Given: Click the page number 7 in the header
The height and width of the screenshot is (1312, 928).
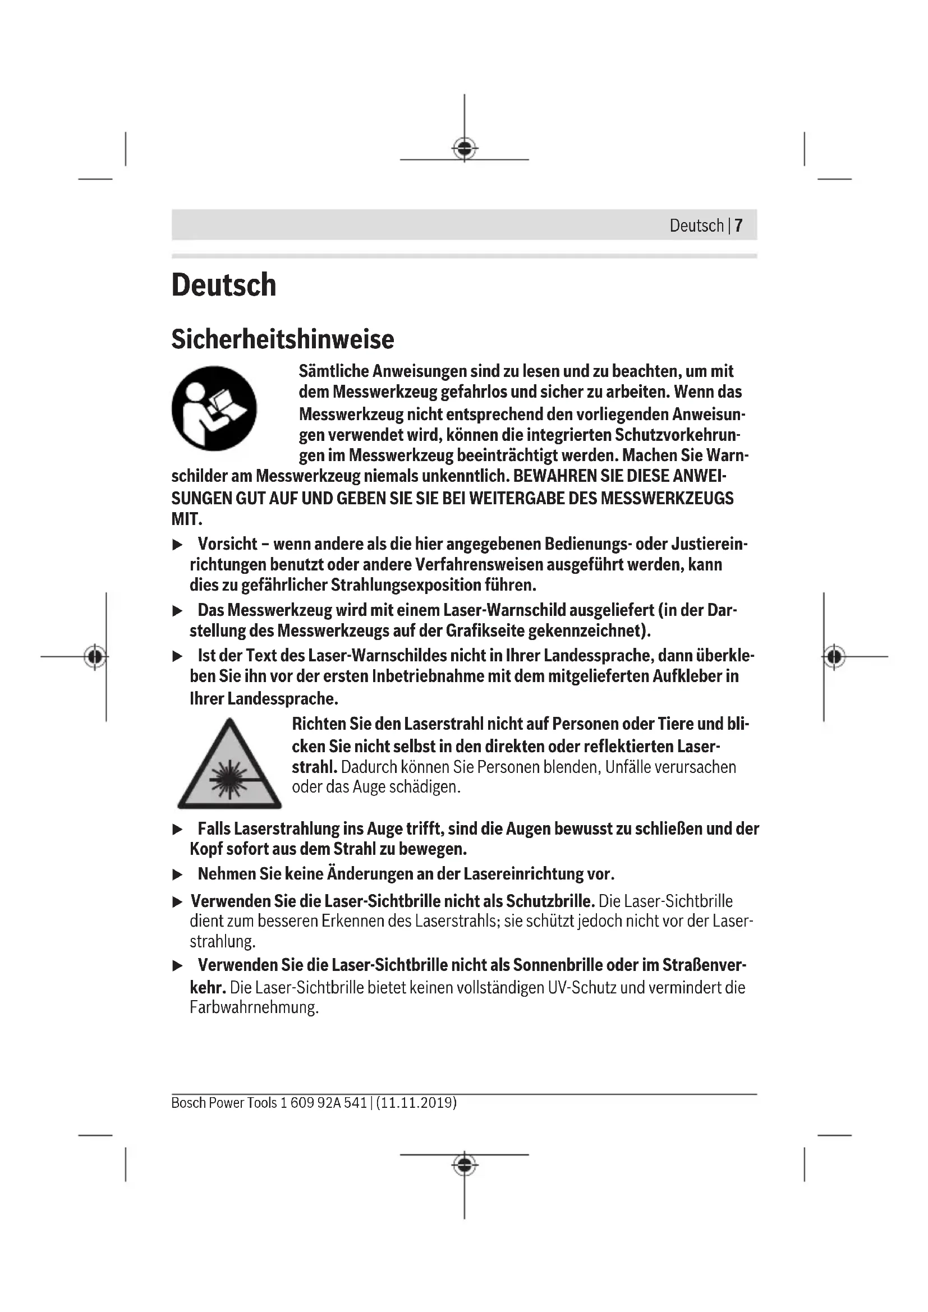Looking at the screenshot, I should tap(738, 225).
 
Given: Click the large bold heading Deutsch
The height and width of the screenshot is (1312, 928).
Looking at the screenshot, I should tap(223, 284).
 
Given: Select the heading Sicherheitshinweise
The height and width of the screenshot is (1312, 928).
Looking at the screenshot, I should tap(282, 339).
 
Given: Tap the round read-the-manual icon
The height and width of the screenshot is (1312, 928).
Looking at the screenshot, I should tap(214, 408).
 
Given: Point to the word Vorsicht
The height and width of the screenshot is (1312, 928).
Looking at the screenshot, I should tap(227, 544).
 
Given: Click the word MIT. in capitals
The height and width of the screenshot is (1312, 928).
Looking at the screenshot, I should tap(187, 519).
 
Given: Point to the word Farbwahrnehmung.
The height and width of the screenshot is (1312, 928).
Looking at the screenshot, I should tap(254, 1007).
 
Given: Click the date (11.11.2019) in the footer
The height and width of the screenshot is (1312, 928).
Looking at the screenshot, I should tap(416, 1103).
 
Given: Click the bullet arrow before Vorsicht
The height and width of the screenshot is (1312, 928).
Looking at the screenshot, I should tap(178, 545).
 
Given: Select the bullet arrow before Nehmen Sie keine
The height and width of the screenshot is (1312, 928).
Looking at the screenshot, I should tap(178, 875).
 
